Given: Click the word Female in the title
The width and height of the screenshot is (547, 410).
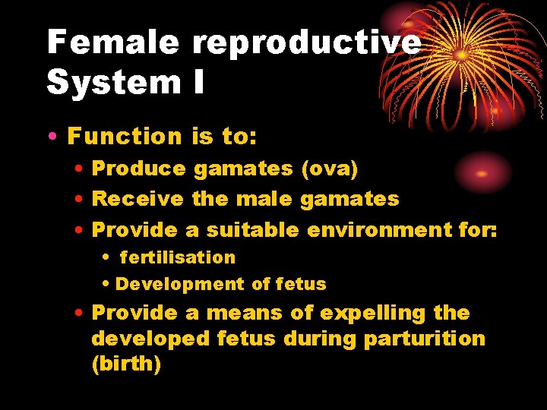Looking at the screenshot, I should click(112, 42).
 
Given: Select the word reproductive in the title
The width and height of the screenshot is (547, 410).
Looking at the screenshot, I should click(305, 43).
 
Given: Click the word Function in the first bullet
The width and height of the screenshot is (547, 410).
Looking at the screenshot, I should click(125, 137).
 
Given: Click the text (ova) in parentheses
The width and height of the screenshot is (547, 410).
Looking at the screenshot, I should click(330, 169).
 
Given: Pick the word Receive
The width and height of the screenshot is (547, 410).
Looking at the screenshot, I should click(138, 199).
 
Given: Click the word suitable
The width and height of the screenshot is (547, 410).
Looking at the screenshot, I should click(255, 229).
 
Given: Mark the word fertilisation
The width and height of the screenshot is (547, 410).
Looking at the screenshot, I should click(178, 257).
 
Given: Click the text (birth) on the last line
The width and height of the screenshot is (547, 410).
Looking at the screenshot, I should click(126, 364).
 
